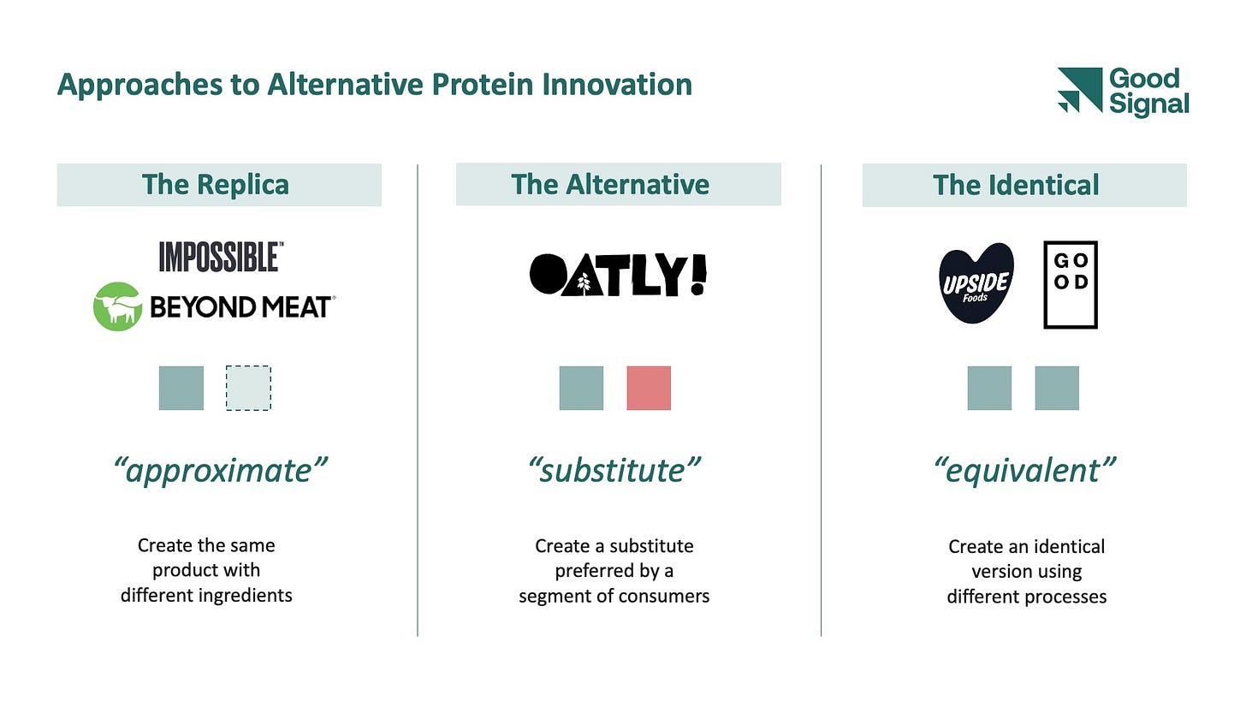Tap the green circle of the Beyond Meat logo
[117, 306]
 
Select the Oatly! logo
[618, 275]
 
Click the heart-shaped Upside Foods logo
[976, 282]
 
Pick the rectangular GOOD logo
[1071, 284]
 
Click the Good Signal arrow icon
[1080, 90]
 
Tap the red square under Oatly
[649, 388]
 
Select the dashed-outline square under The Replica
[248, 388]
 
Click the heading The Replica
[216, 185]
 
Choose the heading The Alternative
[610, 185]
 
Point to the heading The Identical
[1016, 185]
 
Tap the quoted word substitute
[614, 471]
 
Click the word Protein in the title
[483, 85]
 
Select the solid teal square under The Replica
[181, 388]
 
